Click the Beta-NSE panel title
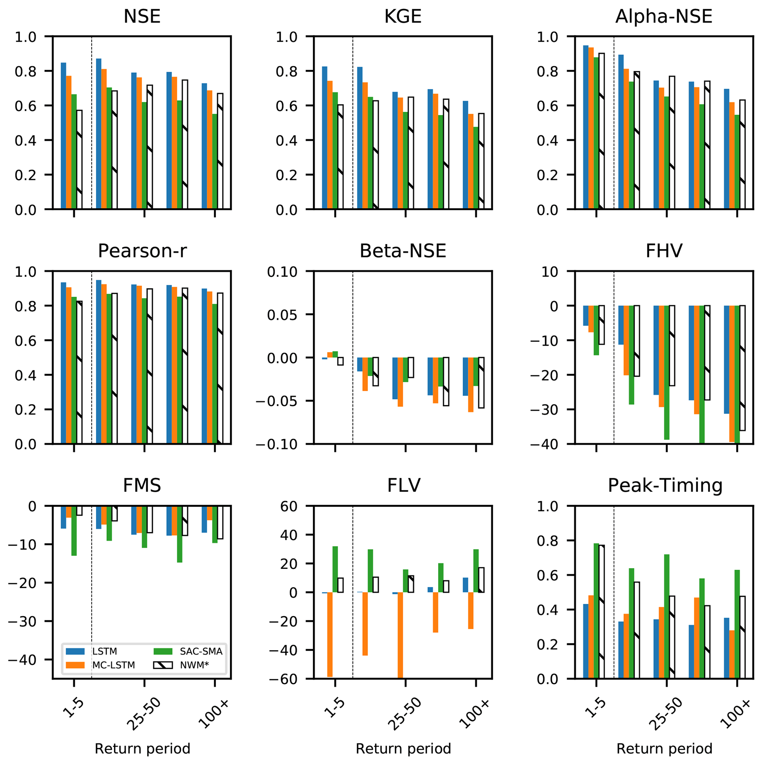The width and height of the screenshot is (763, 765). (x=403, y=251)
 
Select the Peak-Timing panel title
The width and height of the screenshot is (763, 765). (x=665, y=486)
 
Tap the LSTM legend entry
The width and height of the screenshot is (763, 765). (x=91, y=651)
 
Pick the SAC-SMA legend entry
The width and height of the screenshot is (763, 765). (x=188, y=651)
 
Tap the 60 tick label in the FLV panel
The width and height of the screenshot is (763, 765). (x=289, y=506)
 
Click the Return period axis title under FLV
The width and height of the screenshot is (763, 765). (x=403, y=749)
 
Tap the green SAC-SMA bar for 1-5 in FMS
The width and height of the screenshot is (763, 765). (x=74, y=531)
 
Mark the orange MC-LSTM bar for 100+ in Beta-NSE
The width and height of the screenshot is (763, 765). (x=471, y=385)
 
